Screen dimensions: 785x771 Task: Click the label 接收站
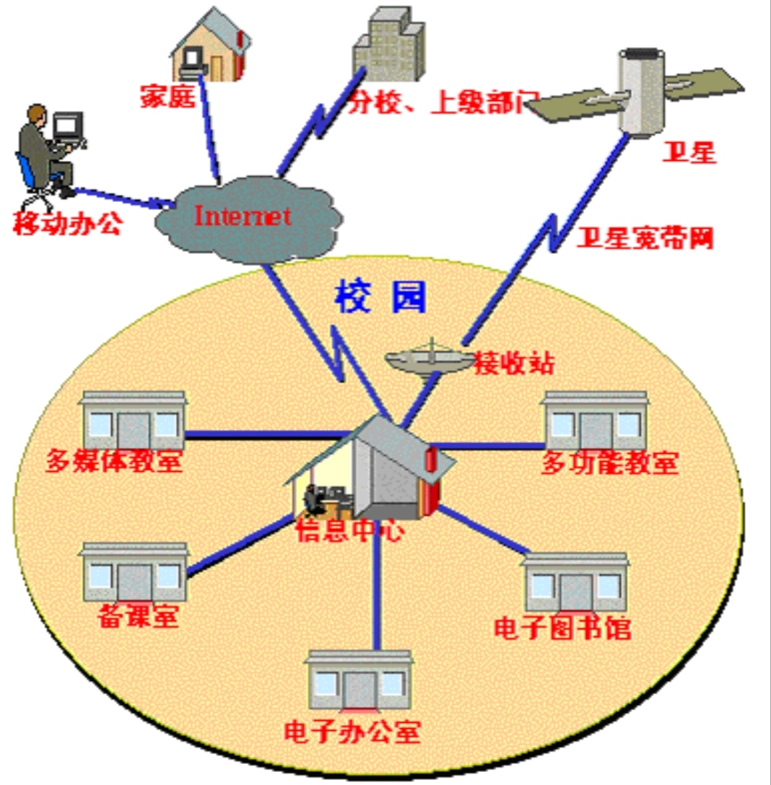[x=514, y=362]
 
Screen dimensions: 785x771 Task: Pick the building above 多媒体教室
[x=133, y=422]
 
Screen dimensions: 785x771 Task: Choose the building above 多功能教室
[x=595, y=422]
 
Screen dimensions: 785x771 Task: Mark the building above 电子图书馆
[x=575, y=583]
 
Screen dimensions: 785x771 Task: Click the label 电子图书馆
[x=562, y=628]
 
